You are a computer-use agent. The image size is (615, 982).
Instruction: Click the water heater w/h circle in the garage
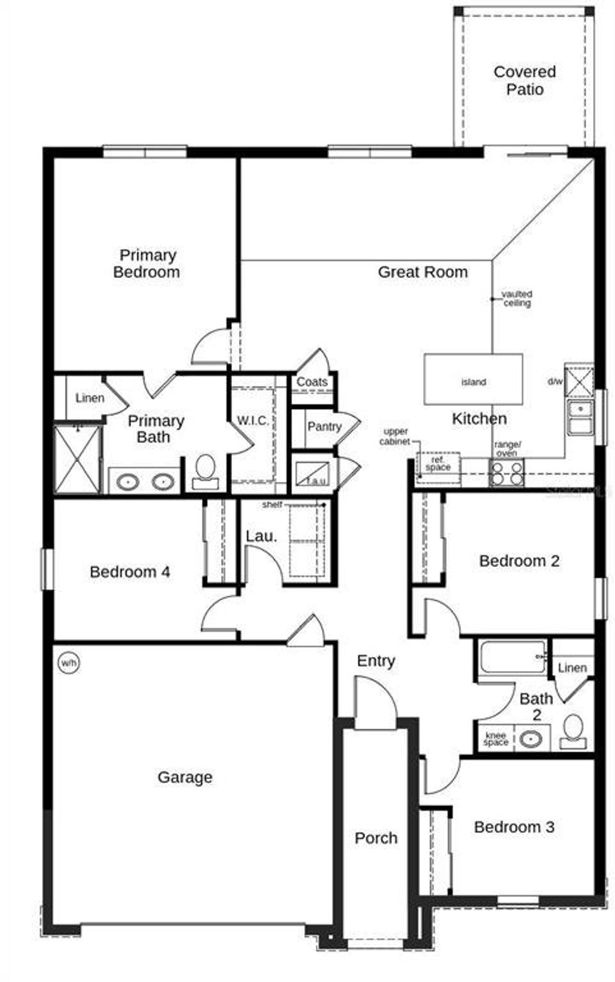click(x=69, y=663)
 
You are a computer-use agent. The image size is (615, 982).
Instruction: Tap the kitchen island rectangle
click(x=473, y=380)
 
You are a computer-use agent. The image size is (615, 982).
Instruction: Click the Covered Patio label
click(x=525, y=80)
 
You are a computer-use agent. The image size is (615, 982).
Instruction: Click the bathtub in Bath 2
click(x=512, y=657)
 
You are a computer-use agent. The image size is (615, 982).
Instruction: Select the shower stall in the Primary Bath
click(x=77, y=459)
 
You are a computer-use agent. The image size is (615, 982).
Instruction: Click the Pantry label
click(x=324, y=427)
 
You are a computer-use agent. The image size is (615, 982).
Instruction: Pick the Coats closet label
click(x=312, y=382)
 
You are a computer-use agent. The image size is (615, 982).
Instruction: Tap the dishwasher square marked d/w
click(x=578, y=381)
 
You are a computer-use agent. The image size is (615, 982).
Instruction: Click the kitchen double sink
click(x=580, y=417)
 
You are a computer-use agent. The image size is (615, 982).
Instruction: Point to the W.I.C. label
click(x=253, y=421)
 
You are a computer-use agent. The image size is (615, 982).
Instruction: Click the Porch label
click(x=376, y=838)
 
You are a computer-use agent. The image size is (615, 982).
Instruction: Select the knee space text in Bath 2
click(x=496, y=739)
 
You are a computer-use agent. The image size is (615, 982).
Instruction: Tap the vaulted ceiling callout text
click(x=517, y=298)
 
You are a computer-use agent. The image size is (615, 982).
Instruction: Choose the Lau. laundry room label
click(x=261, y=537)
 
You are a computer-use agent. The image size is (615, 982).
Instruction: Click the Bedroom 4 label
click(x=130, y=572)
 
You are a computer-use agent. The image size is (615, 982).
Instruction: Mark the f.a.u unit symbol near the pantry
click(x=313, y=474)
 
